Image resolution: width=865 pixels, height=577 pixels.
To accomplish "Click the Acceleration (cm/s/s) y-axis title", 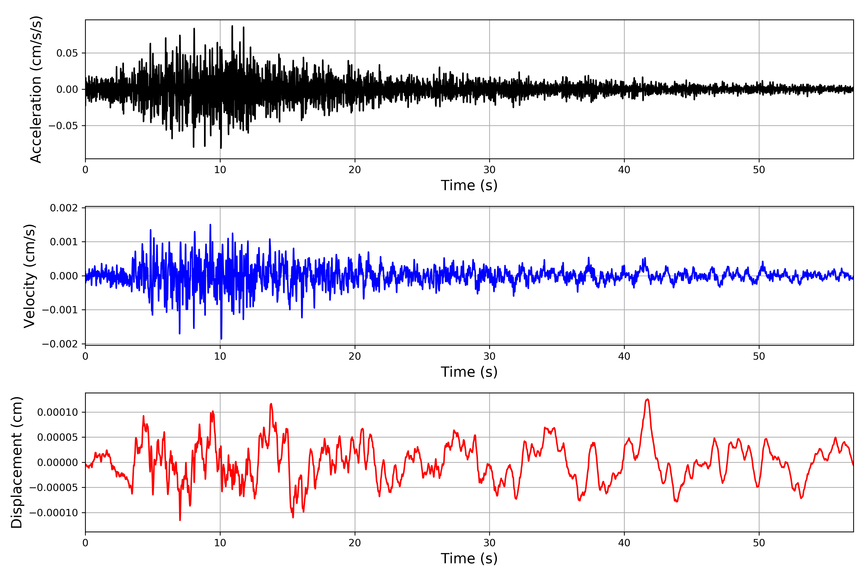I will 36,89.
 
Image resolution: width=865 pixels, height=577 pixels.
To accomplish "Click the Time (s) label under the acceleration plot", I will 469,185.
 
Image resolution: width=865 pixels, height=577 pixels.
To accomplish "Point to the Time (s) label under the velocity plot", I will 469,372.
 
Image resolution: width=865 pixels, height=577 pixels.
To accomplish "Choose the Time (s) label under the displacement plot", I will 469,558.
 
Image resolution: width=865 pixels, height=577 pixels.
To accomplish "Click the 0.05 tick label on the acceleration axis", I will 67,53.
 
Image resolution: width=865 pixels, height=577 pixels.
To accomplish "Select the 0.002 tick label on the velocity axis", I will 64,208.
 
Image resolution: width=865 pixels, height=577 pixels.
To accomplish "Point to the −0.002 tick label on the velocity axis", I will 60,344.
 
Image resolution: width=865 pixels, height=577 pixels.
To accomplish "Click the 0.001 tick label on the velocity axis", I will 64,242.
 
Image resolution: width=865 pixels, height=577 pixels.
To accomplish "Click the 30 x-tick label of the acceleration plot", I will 489,170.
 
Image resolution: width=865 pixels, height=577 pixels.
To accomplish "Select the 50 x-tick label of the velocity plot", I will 759,357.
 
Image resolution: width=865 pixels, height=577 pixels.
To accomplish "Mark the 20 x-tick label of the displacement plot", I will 355,543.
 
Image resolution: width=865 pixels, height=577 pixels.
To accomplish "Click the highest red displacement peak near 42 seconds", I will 647,399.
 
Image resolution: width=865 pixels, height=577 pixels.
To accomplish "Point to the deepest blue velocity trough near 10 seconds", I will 221,339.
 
